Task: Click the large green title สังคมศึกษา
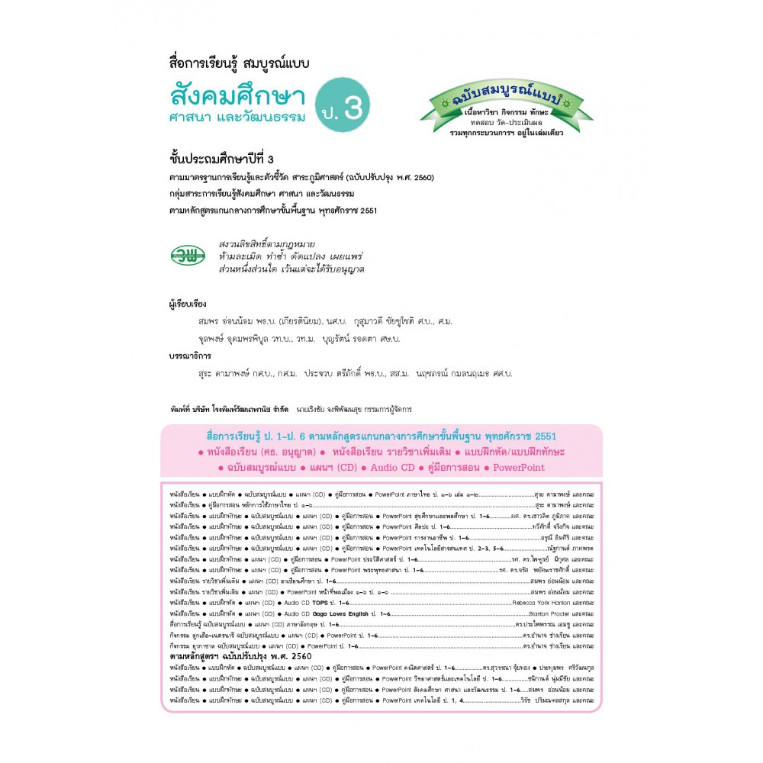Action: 237,97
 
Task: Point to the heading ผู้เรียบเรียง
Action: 188,303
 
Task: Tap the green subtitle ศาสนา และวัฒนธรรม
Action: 237,118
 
